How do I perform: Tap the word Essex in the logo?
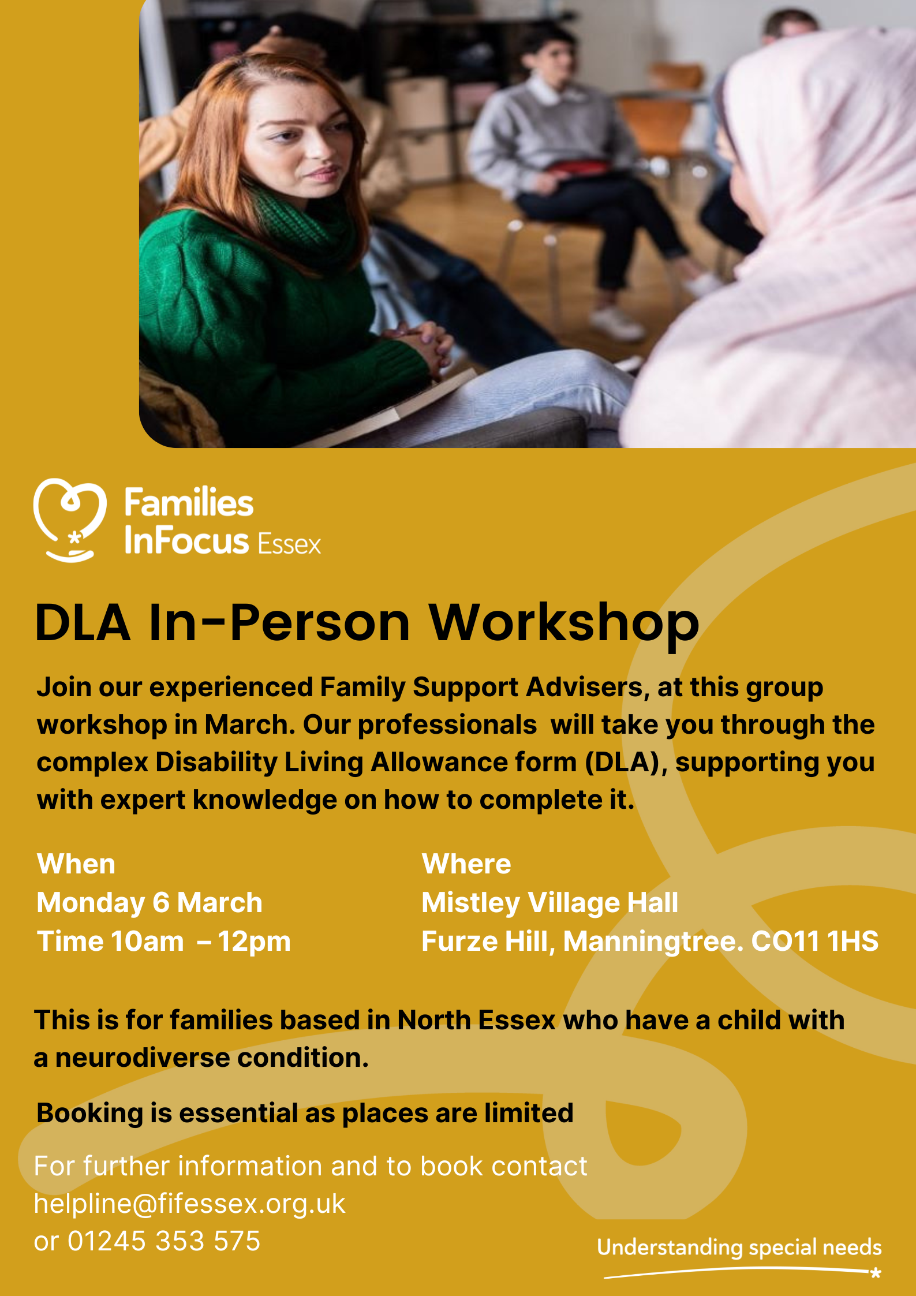pyautogui.click(x=289, y=544)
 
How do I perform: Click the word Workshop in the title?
pyautogui.click(x=563, y=623)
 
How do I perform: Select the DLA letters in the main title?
pyautogui.click(x=83, y=623)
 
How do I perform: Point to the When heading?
pyautogui.click(x=76, y=864)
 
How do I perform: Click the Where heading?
pyautogui.click(x=466, y=864)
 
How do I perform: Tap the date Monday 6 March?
pyautogui.click(x=149, y=903)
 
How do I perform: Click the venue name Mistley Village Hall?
pyautogui.click(x=549, y=903)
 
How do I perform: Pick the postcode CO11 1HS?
pyautogui.click(x=814, y=942)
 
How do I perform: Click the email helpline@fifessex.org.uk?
pyautogui.click(x=189, y=1204)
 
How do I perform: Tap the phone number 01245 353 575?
pyautogui.click(x=164, y=1241)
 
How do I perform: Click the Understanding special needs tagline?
pyautogui.click(x=739, y=1248)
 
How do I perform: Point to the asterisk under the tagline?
pyautogui.click(x=876, y=1272)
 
